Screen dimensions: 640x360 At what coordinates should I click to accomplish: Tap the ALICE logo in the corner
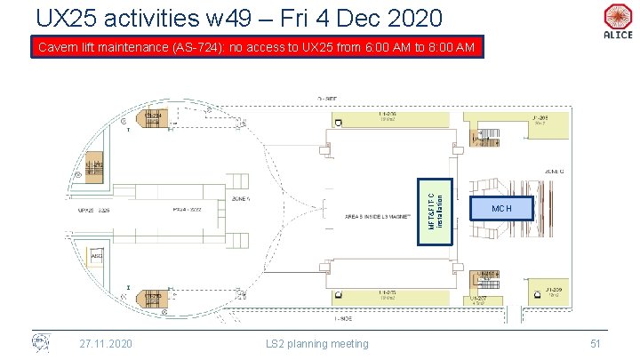point(616,21)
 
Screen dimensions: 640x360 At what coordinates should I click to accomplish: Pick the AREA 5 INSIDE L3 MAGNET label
point(378,216)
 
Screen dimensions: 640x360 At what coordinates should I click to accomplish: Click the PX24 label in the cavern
point(188,212)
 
